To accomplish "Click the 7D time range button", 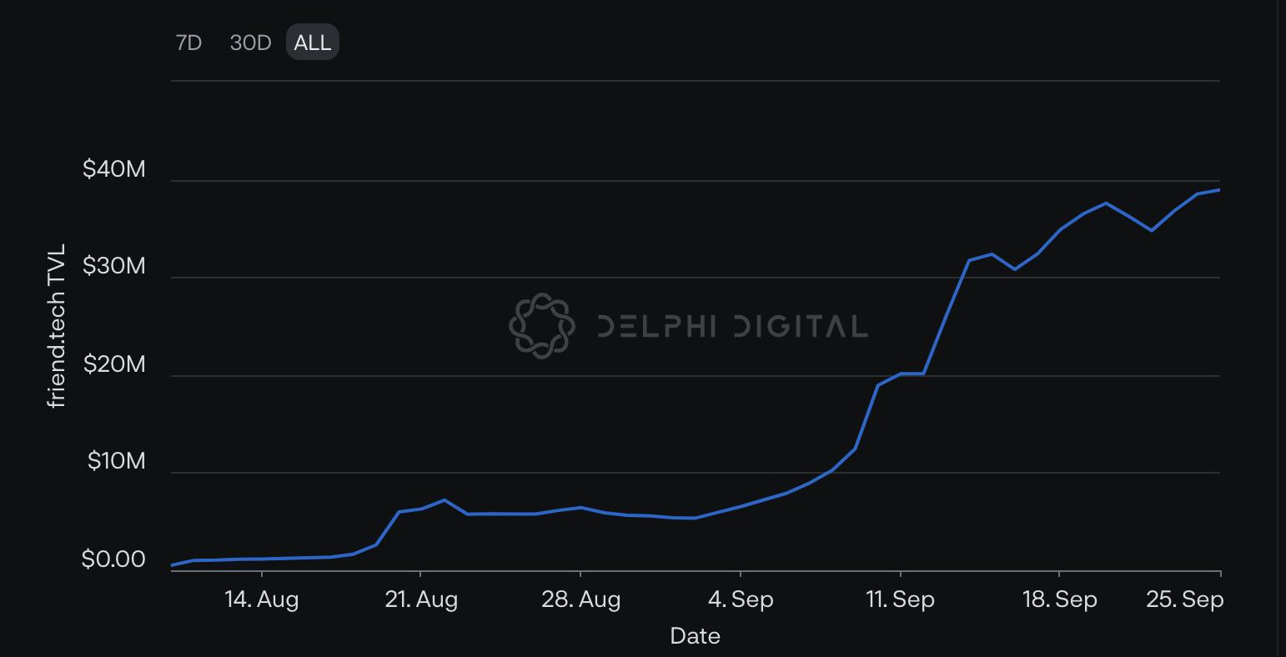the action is point(188,43).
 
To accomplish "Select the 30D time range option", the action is point(250,43).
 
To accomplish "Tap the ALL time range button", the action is point(312,42).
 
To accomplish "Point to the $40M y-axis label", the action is point(113,168).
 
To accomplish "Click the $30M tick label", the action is point(113,266).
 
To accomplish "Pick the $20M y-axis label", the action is point(114,364).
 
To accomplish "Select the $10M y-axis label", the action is point(117,461).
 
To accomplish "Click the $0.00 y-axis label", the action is point(113,559).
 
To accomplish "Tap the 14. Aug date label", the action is point(262,599).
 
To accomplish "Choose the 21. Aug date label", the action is point(421,599).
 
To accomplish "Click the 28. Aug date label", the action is point(581,599).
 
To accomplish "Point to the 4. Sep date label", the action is point(741,599).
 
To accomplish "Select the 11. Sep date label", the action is point(900,599).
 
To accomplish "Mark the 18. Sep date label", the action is point(1060,599).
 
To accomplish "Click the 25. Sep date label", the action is point(1185,599).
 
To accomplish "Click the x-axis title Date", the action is point(695,636).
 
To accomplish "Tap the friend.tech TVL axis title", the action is point(56,326).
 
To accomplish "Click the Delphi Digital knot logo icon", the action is point(542,326).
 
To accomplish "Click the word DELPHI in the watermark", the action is point(657,326).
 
